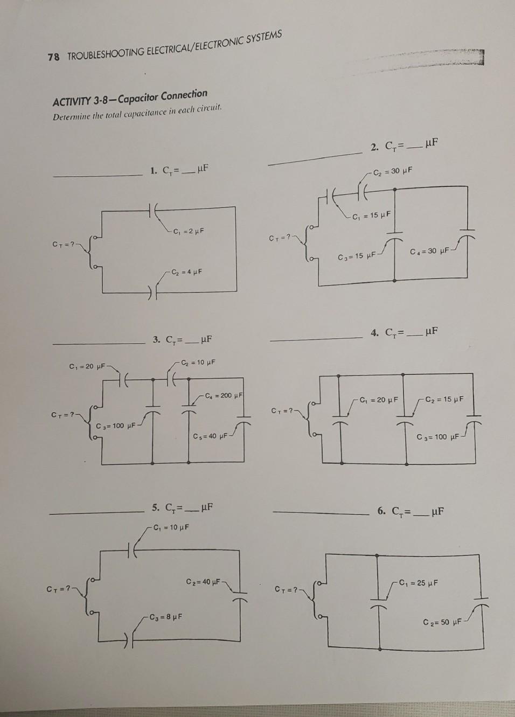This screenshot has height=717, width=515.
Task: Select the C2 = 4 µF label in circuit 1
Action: click(186, 271)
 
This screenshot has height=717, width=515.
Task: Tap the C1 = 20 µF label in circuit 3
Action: click(87, 367)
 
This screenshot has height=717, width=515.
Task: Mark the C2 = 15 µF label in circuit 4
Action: click(444, 399)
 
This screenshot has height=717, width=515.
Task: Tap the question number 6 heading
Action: click(381, 511)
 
